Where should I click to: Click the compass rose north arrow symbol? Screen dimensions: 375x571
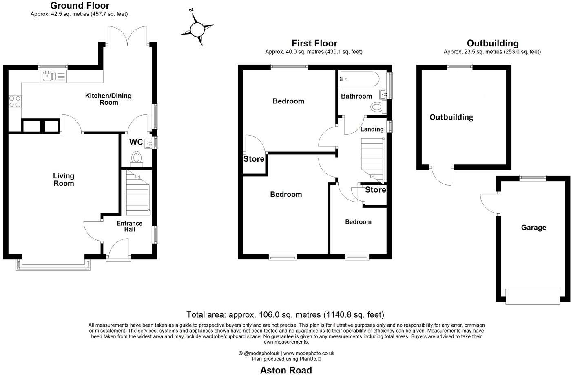197,29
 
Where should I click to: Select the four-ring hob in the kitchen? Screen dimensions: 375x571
15,101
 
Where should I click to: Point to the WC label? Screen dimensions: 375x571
136,142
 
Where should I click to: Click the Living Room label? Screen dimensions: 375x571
64,180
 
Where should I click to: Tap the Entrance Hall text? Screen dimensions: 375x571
129,226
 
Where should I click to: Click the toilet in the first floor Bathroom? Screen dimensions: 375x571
377,108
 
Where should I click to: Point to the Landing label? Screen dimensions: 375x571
372,129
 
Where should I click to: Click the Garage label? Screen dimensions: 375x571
533,228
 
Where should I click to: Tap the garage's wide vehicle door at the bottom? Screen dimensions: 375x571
532,296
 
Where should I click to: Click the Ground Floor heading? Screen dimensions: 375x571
80,6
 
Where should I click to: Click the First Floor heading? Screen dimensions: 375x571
314,43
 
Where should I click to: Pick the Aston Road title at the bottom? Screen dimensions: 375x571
286,370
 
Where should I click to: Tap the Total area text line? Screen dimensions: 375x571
285,314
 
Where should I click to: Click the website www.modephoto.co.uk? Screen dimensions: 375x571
309,353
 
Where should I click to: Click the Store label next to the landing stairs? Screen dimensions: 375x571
375,190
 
